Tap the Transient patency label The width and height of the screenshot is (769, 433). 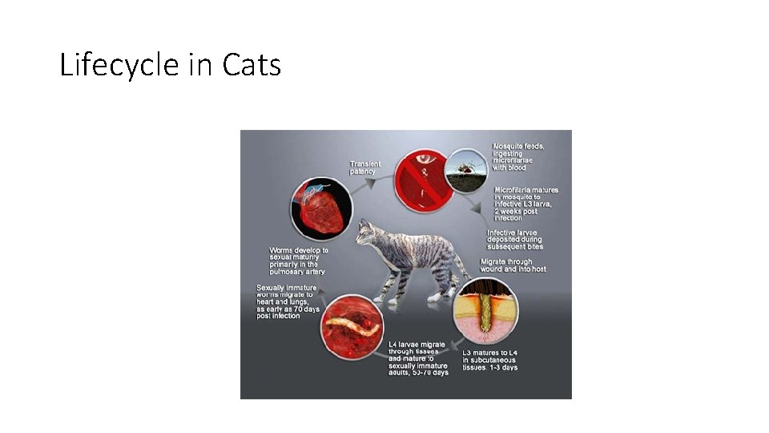[x=365, y=168]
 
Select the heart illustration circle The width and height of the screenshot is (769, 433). [x=320, y=208]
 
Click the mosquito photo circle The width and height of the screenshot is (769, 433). [x=465, y=171]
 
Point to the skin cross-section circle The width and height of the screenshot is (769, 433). [x=486, y=311]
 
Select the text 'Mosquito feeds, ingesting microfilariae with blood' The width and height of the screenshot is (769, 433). [x=519, y=157]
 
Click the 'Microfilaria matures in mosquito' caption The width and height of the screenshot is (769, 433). [x=526, y=204]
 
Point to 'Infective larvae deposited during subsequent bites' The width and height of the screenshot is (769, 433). [x=515, y=239]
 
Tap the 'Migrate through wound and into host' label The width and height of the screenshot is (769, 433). [x=513, y=265]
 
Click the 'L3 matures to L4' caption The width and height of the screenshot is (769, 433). [x=491, y=360]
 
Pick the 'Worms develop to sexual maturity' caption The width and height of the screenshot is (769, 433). [x=299, y=261]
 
